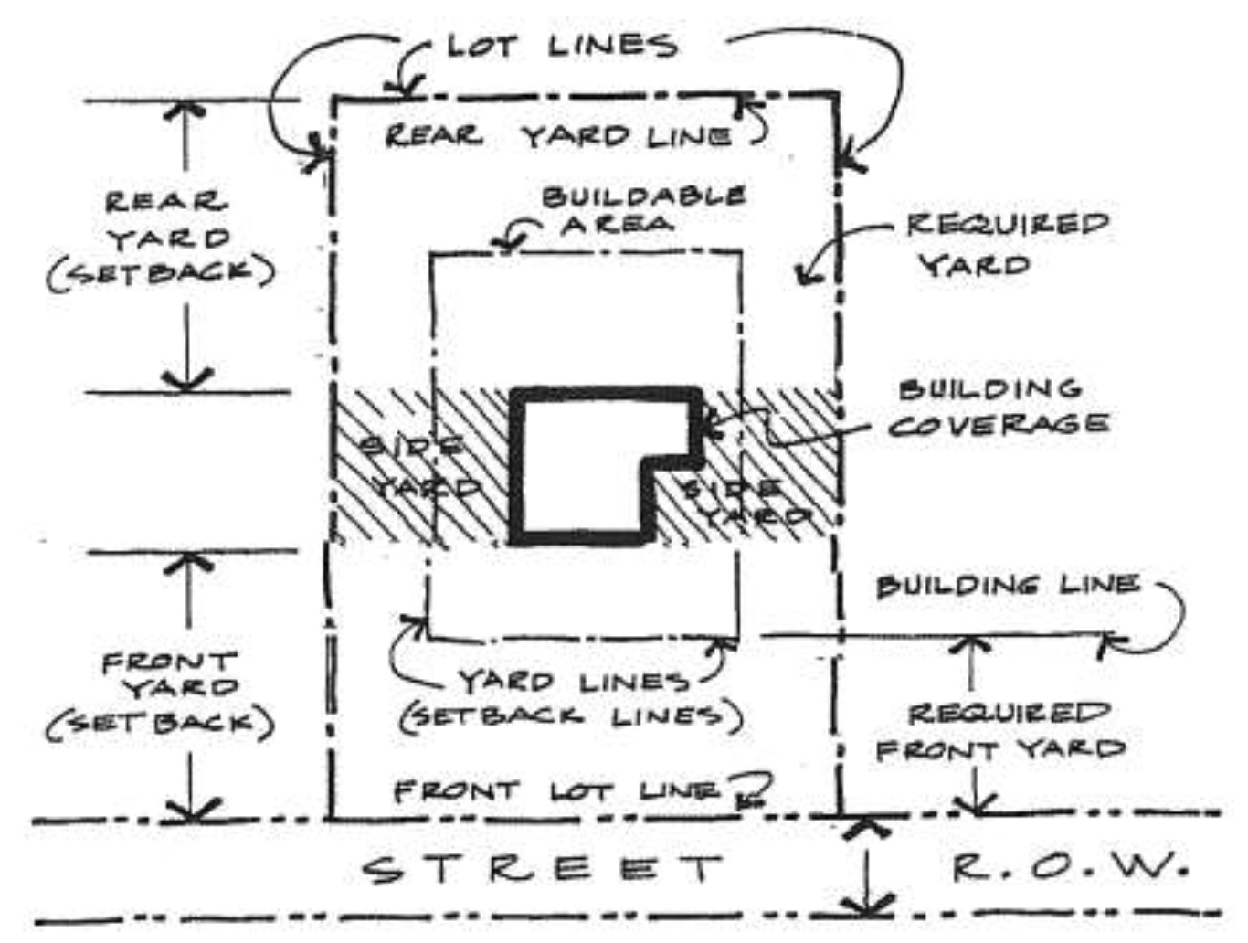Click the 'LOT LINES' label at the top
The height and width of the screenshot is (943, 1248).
(561, 45)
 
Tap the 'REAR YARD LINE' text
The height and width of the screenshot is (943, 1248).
(557, 137)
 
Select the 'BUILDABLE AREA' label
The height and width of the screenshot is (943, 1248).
(642, 209)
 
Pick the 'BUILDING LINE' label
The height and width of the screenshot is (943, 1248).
(1007, 585)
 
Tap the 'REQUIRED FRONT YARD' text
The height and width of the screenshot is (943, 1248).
(1001, 732)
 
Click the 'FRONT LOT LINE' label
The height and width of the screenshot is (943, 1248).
(557, 789)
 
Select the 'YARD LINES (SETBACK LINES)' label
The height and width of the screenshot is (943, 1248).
(572, 699)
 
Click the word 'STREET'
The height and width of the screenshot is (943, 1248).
(543, 869)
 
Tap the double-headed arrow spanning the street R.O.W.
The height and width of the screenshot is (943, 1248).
(865, 866)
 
